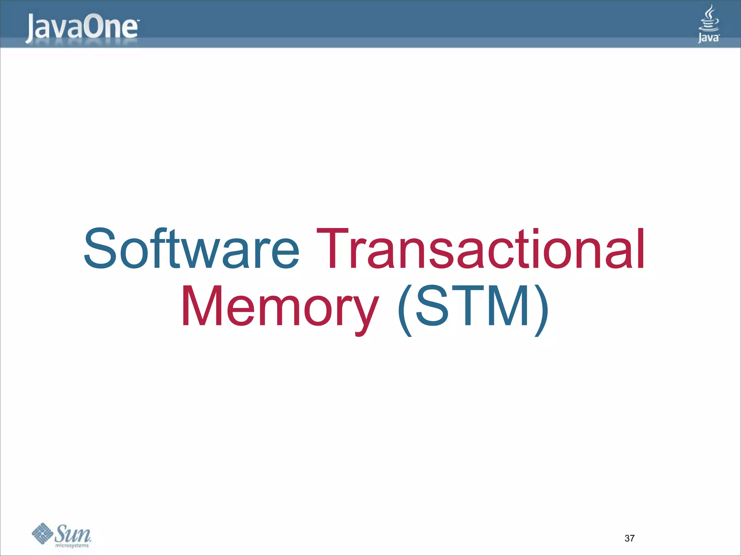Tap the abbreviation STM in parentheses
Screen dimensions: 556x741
click(473, 306)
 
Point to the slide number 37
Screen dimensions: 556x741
click(629, 538)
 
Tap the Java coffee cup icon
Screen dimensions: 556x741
click(709, 18)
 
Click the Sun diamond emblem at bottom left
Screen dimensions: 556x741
click(43, 533)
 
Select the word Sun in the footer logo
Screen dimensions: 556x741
click(73, 532)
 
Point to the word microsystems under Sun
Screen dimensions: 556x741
click(72, 546)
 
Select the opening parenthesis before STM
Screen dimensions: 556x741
click(405, 311)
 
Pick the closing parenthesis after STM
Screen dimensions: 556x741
click(541, 311)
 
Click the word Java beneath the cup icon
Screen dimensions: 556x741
click(708, 37)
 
